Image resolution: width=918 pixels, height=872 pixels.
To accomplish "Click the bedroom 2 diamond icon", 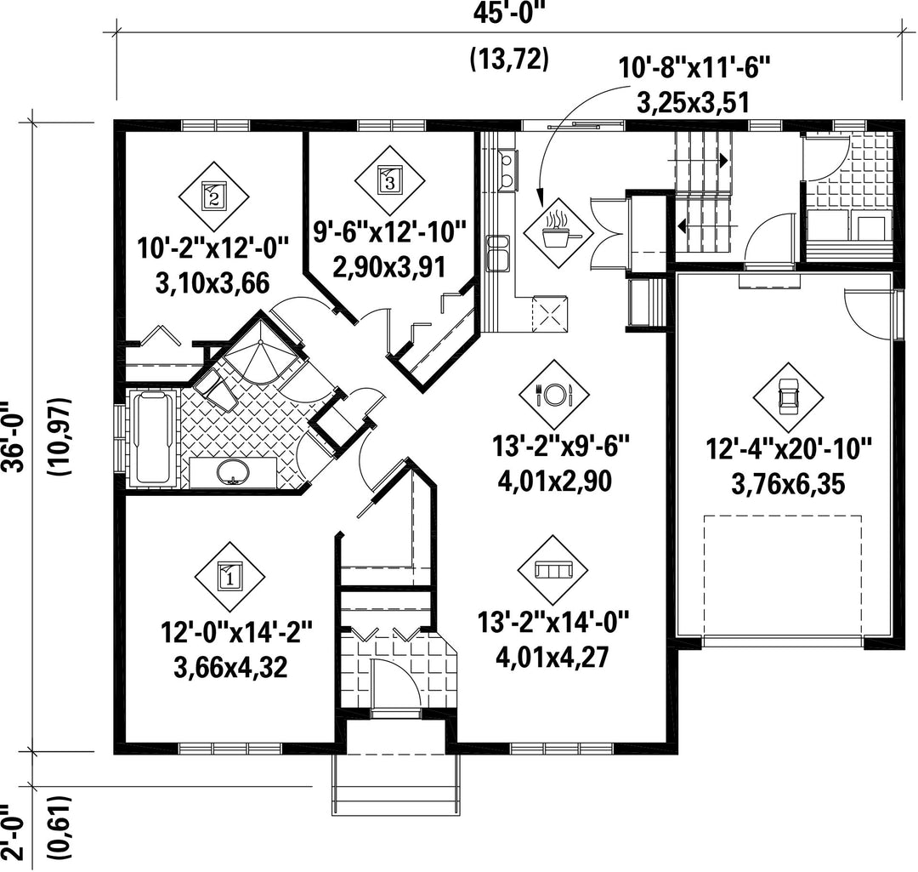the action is point(213,197).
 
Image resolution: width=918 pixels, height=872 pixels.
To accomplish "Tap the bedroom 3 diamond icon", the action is point(390,180).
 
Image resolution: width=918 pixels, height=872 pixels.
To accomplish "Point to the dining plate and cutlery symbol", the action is point(554,394).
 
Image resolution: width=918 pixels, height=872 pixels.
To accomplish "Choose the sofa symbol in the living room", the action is point(553,569).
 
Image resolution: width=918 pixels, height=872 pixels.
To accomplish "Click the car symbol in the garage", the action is point(789,398).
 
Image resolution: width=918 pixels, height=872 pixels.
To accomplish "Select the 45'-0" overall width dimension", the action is point(508,13).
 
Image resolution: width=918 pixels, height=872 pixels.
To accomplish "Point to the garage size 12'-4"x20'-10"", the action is point(789,450).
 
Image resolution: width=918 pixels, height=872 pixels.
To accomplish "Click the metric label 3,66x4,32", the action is point(230,667).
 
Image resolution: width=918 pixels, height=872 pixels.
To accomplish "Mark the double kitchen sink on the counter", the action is point(498,254).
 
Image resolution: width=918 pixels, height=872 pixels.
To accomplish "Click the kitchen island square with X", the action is point(549,314).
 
